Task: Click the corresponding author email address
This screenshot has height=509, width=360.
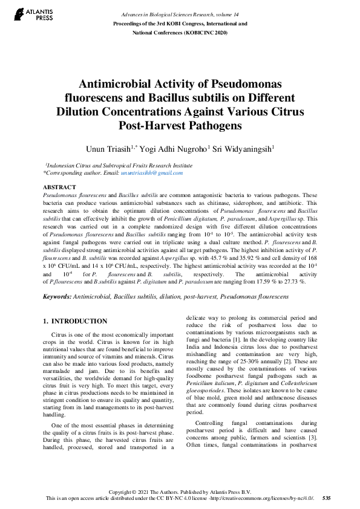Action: [152, 173]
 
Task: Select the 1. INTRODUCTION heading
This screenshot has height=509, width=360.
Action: [76, 321]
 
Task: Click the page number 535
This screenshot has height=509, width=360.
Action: [326, 498]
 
